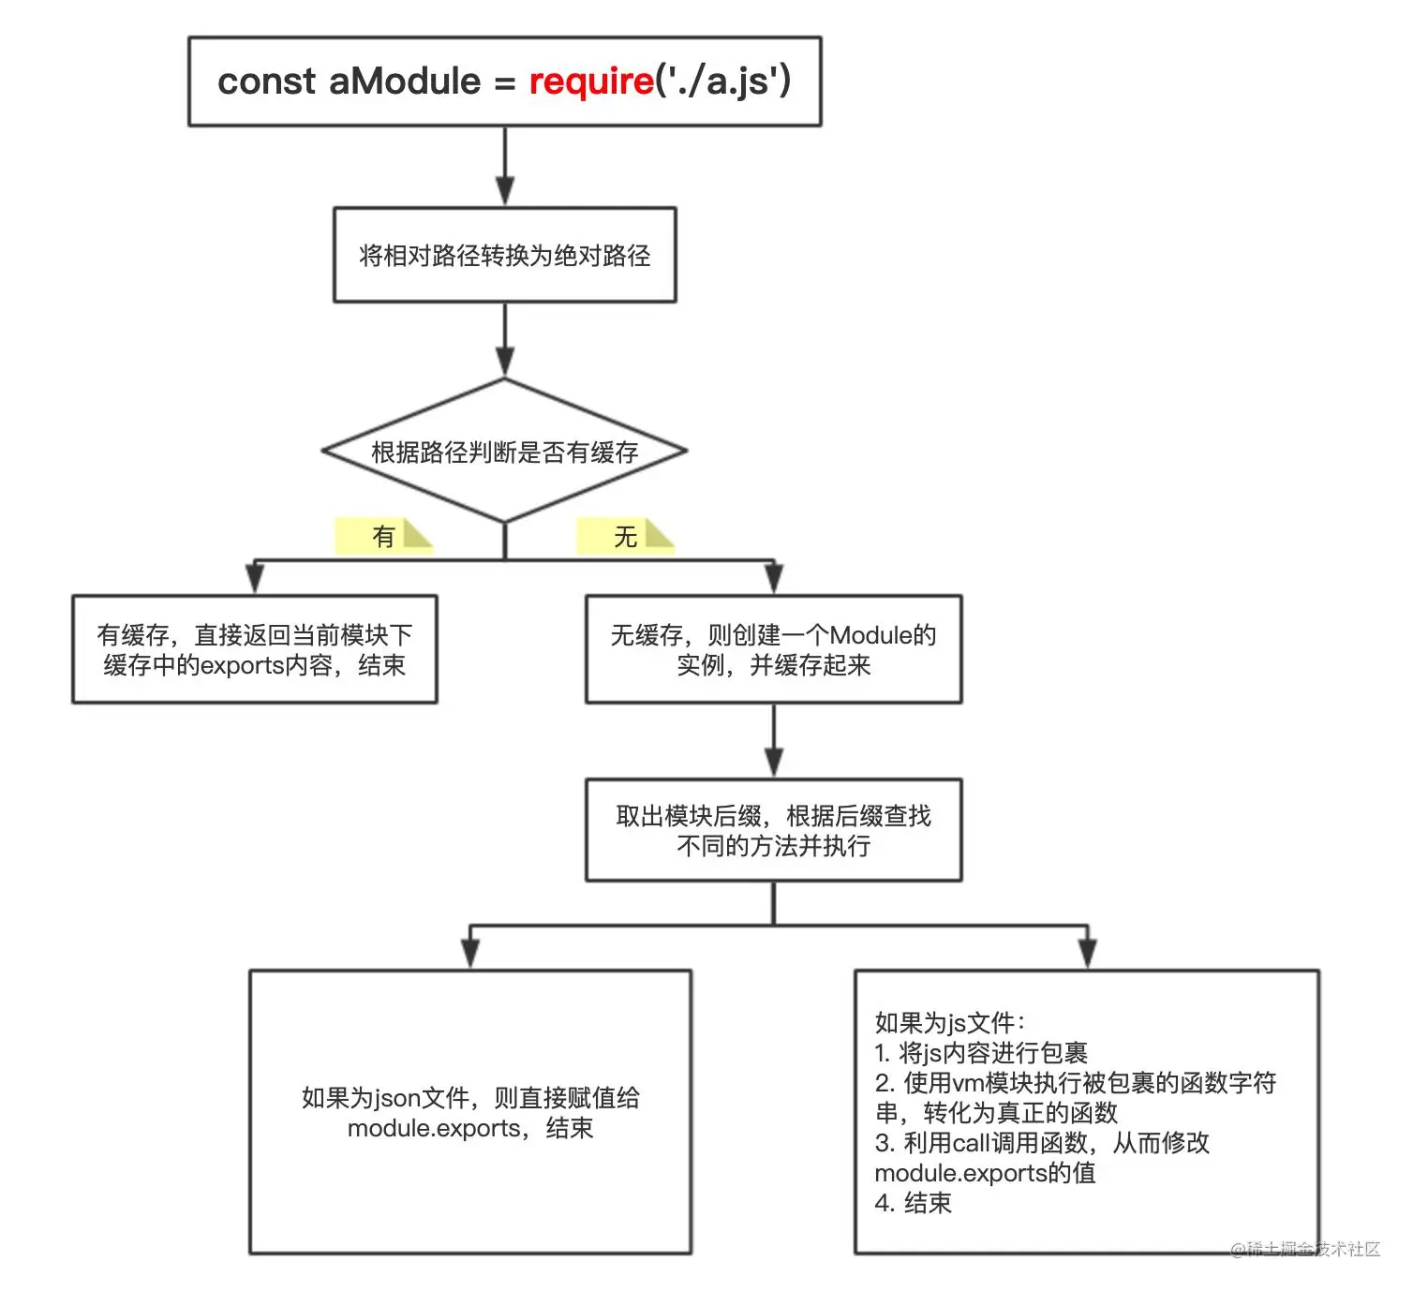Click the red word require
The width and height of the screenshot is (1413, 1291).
coord(590,82)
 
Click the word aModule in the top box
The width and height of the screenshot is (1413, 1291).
coord(405,82)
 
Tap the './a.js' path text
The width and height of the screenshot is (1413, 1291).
coord(721,82)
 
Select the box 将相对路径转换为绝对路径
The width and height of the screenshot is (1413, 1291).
coord(505,255)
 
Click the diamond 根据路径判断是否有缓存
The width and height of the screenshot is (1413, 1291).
coord(505,452)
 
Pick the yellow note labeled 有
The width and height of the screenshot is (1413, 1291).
coord(383,536)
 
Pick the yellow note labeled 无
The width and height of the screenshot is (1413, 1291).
coord(625,536)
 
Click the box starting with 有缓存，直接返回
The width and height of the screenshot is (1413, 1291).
coord(255,649)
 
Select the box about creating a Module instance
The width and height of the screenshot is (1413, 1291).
coord(774,649)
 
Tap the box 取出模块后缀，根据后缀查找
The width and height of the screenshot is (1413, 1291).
coord(774,830)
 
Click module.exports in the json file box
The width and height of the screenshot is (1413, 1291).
coord(434,1128)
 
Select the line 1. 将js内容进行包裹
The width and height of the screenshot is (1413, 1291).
coord(981,1053)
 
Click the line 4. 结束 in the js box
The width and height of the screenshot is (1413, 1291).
coord(914,1203)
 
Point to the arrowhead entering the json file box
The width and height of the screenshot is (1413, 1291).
coord(470,954)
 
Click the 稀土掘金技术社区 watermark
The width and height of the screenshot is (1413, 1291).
coord(1305,1249)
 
